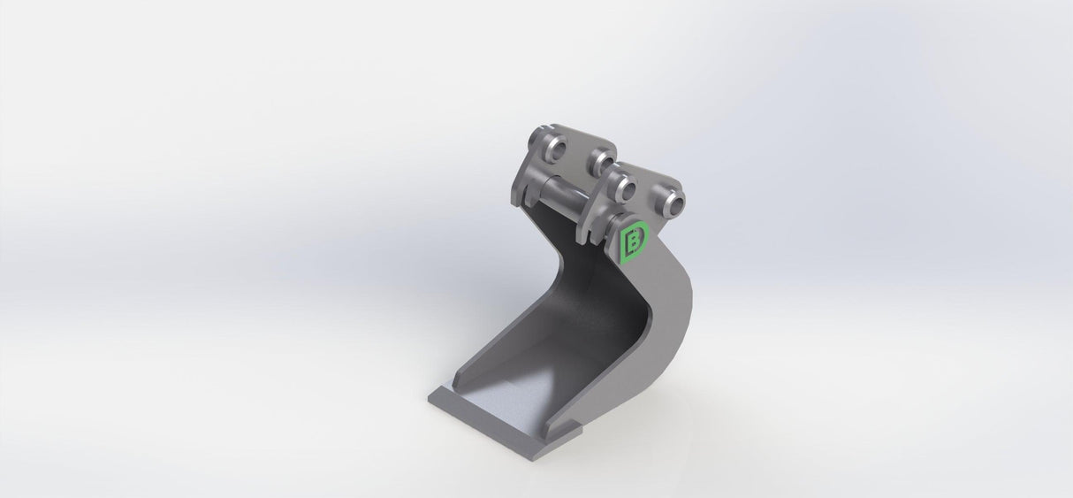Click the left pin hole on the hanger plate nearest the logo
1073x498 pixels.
click(x=623, y=188)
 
